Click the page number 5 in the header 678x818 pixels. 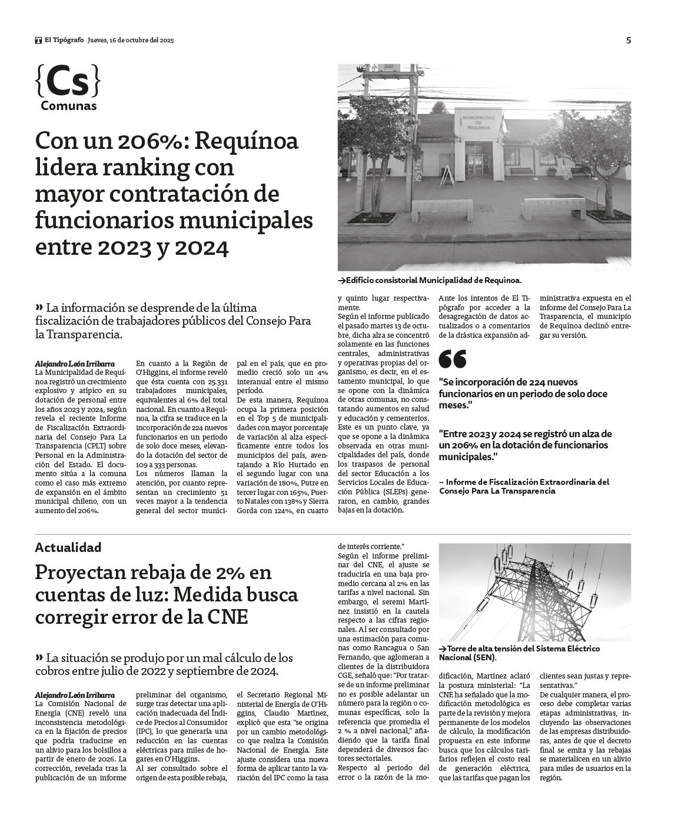point(629,41)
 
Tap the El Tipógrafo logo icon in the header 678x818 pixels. point(38,41)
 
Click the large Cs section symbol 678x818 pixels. point(68,82)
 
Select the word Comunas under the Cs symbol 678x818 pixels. point(69,107)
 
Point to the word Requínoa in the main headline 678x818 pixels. point(247,141)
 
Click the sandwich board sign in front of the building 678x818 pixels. point(447,175)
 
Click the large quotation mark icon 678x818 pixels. point(453,359)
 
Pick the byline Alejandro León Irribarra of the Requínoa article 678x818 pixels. point(75,364)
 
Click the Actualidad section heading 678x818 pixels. point(68,547)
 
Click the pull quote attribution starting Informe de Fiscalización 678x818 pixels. point(524,486)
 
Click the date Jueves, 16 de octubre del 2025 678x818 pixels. point(131,41)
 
